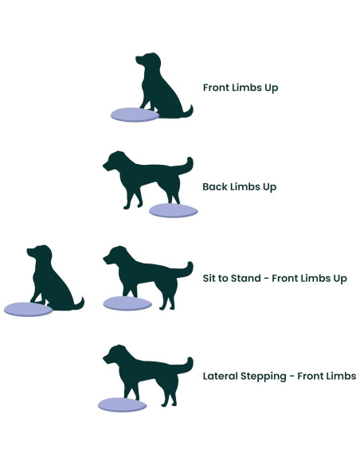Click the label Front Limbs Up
point(240,87)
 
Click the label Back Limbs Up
point(239,186)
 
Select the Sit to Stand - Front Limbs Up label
point(275,278)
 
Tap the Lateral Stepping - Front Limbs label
point(279,374)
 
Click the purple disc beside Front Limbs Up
point(135,115)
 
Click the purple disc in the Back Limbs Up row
point(173,210)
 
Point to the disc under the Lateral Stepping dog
point(123,404)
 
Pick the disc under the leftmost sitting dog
point(28,309)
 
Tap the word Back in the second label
point(214,186)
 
